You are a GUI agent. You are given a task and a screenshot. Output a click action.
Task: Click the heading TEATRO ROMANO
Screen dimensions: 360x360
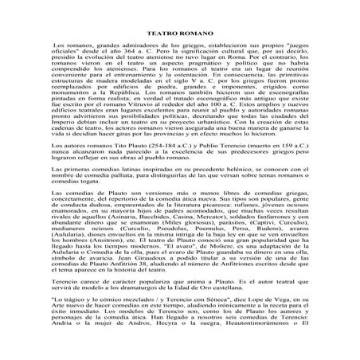(180, 39)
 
